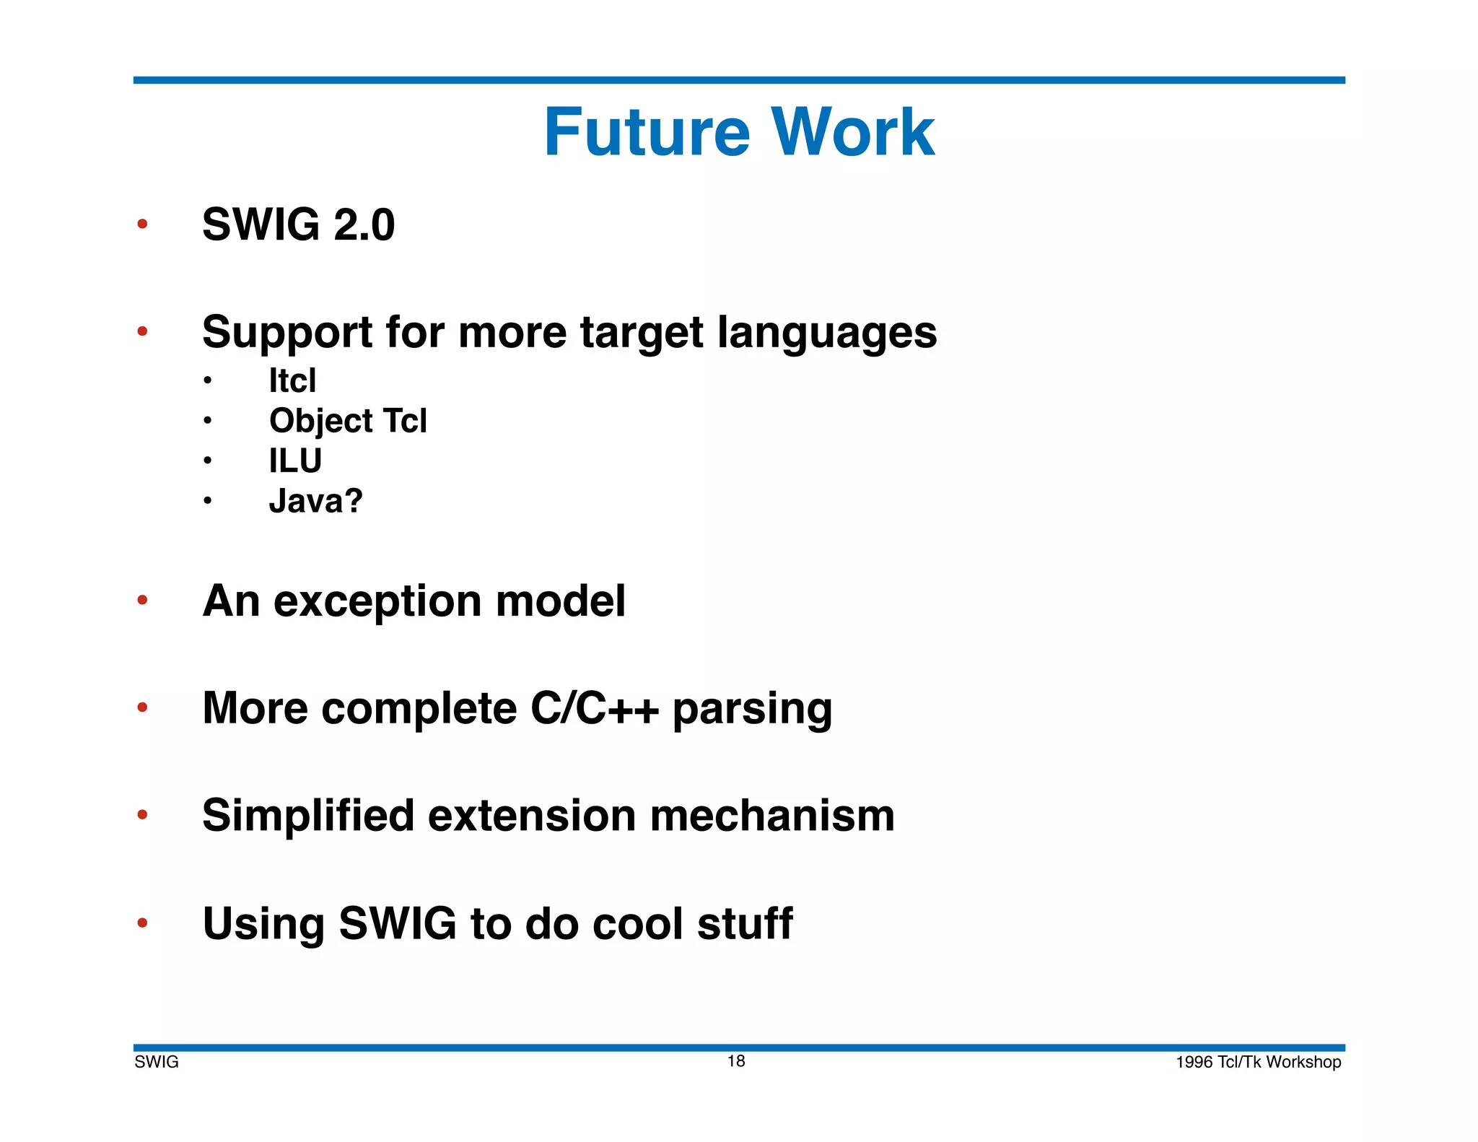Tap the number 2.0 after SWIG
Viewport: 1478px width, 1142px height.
coord(364,225)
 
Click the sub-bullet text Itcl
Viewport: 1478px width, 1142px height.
coord(292,380)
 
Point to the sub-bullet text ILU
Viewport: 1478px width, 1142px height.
coord(295,461)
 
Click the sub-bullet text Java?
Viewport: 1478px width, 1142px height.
coord(315,501)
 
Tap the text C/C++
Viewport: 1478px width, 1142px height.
coord(594,708)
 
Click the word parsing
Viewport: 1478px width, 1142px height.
coord(752,710)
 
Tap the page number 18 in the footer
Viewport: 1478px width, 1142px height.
coord(736,1060)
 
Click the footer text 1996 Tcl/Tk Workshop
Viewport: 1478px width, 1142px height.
coord(1258,1062)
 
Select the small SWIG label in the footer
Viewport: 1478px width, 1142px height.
coord(157,1062)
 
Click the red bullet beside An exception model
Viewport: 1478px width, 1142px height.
coord(142,600)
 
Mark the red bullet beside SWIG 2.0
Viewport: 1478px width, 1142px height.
coord(142,224)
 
